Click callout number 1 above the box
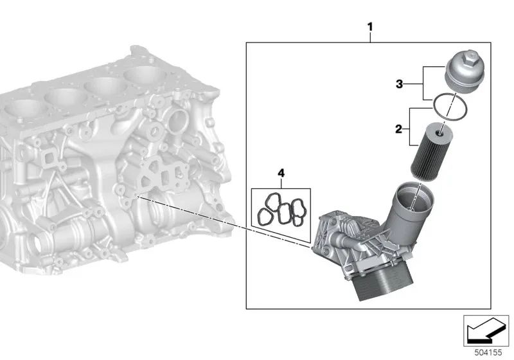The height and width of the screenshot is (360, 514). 371,27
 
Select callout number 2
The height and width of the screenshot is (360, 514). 398,129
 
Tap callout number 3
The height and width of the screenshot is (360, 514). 399,84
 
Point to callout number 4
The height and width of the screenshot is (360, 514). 281,173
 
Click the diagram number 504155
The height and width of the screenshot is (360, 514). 488,352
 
